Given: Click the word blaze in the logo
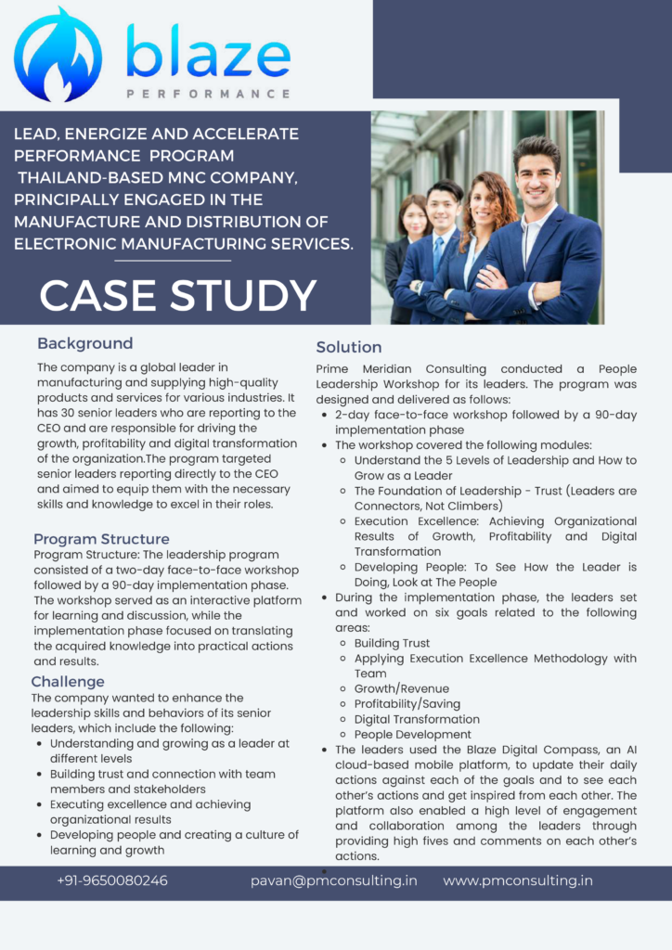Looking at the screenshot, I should point(208,54).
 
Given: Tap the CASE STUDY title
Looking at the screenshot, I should point(178,295).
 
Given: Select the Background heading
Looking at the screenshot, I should point(84,343).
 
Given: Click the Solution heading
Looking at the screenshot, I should point(348,347).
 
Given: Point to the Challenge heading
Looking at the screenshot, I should point(68,682).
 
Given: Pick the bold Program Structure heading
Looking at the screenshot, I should point(101,539).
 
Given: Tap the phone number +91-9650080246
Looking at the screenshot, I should point(112,880).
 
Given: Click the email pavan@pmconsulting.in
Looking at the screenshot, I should point(333,880).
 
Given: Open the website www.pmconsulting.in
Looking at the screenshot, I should point(517,880).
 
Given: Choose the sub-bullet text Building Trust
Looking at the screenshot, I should point(392,643).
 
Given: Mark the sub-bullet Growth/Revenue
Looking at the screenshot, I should point(401,688).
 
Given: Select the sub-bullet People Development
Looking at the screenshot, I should point(412,734).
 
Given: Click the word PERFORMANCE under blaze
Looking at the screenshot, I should point(208,94).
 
